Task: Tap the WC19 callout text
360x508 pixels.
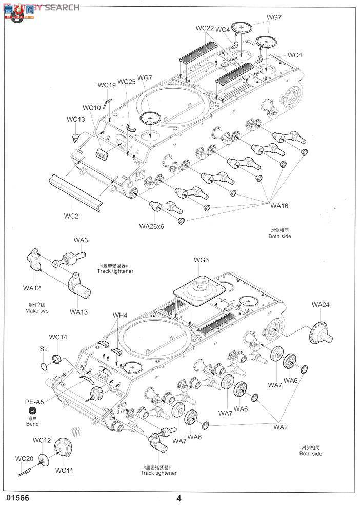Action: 107,85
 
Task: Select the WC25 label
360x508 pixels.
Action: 126,82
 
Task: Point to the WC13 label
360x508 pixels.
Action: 75,120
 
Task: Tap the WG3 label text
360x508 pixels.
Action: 201,260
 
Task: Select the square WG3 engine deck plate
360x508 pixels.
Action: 200,292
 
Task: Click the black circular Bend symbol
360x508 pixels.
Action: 32,412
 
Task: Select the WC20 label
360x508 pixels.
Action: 24,458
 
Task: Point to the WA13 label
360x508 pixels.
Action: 79,311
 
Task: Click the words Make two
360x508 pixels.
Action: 36,311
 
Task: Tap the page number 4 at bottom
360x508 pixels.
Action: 178,498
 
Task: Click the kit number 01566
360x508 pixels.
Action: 16,498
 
